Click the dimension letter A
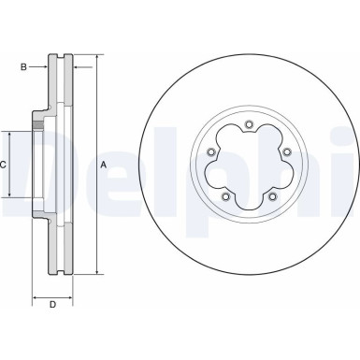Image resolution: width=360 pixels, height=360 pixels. [102, 165]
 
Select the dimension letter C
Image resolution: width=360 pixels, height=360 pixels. [5, 165]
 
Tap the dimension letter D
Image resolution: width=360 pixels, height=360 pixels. [53, 305]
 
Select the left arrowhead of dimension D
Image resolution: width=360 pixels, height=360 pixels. [36, 296]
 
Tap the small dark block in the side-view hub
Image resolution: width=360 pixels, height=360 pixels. [38, 124]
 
